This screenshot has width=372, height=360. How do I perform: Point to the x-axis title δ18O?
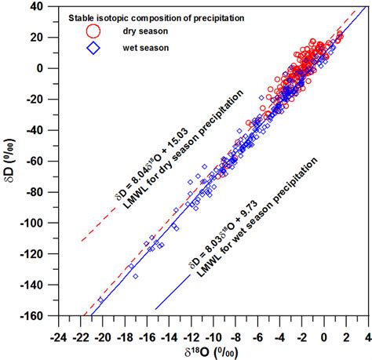pyautogui.click(x=209, y=350)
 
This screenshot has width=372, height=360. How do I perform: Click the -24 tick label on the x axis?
pyautogui.click(x=58, y=330)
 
